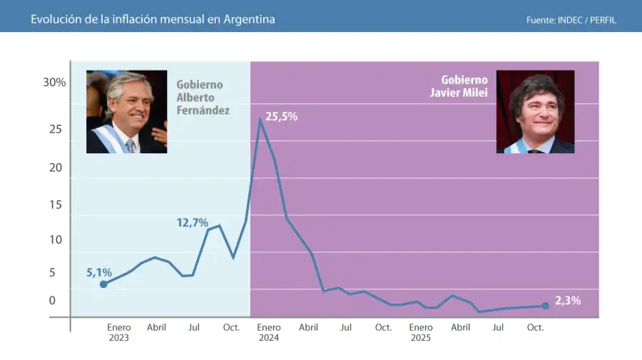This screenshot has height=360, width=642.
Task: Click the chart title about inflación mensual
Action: click(x=153, y=19)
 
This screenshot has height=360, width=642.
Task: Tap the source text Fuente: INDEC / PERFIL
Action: click(x=571, y=20)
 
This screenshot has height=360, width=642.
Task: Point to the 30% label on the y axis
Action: click(x=54, y=82)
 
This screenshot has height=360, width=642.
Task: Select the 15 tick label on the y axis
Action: click(x=56, y=205)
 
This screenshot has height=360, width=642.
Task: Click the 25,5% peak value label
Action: click(x=281, y=116)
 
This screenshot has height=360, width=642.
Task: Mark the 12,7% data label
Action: click(x=193, y=222)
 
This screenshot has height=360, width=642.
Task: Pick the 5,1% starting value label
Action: click(x=99, y=272)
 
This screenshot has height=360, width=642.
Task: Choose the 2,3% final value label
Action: click(x=568, y=300)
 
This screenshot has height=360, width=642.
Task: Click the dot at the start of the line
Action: click(x=103, y=284)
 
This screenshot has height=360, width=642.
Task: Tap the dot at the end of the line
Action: click(x=545, y=306)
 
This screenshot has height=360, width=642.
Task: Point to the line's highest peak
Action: click(x=260, y=118)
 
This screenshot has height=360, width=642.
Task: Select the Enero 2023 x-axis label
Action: click(x=119, y=332)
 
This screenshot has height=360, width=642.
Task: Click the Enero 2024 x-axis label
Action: click(x=269, y=332)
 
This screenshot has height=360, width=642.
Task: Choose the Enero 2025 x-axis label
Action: click(x=421, y=332)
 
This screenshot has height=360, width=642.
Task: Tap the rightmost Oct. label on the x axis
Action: click(x=535, y=327)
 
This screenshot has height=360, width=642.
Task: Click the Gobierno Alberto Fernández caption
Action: click(x=203, y=97)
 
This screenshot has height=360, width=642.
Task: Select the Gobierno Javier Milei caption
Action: click(x=464, y=86)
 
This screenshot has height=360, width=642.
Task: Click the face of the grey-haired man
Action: click(x=129, y=103)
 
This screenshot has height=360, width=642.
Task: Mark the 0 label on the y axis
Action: click(x=52, y=300)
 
